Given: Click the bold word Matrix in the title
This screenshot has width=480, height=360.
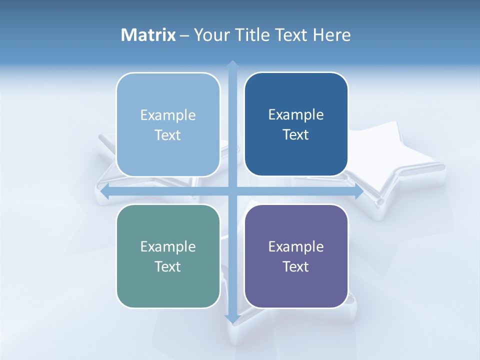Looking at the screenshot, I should (x=148, y=35).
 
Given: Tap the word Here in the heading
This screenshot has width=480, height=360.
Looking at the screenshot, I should (x=331, y=35).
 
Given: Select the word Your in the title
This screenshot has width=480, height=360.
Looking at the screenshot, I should (x=210, y=35).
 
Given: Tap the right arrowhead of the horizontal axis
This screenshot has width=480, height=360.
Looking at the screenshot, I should (x=359, y=191).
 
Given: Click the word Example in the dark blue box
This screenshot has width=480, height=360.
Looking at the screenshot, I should (x=296, y=115).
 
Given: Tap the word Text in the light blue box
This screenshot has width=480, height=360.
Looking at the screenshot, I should (x=168, y=135).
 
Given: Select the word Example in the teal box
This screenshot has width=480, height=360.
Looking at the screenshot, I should (x=168, y=246).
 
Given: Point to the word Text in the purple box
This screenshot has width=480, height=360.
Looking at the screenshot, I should (x=296, y=266).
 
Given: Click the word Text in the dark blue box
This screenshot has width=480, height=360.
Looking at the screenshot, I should (x=296, y=135).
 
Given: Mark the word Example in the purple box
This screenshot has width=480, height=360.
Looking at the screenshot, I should (x=296, y=246).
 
